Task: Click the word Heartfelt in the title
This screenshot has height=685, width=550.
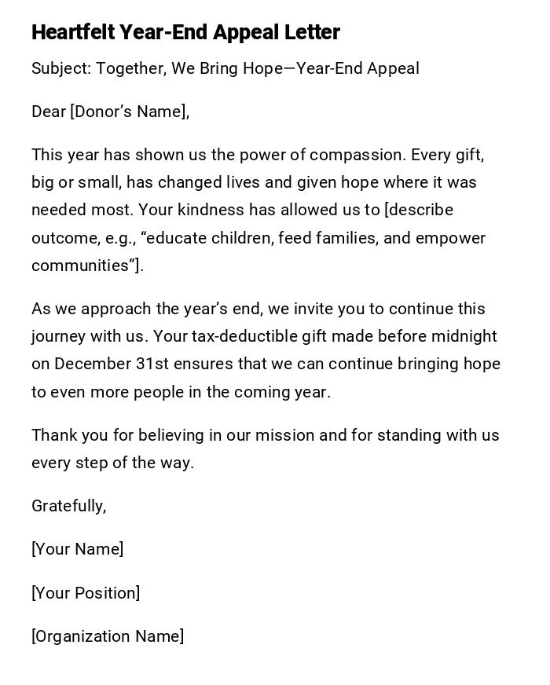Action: [73, 32]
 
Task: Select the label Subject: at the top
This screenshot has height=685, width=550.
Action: [61, 68]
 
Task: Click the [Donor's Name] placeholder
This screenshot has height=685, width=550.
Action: [130, 112]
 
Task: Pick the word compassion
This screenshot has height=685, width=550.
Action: [358, 155]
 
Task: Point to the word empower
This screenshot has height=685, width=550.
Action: [449, 238]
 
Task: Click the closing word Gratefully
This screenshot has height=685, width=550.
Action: [68, 506]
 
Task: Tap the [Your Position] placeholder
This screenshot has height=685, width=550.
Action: [86, 593]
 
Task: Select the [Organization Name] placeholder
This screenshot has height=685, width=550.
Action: [108, 636]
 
